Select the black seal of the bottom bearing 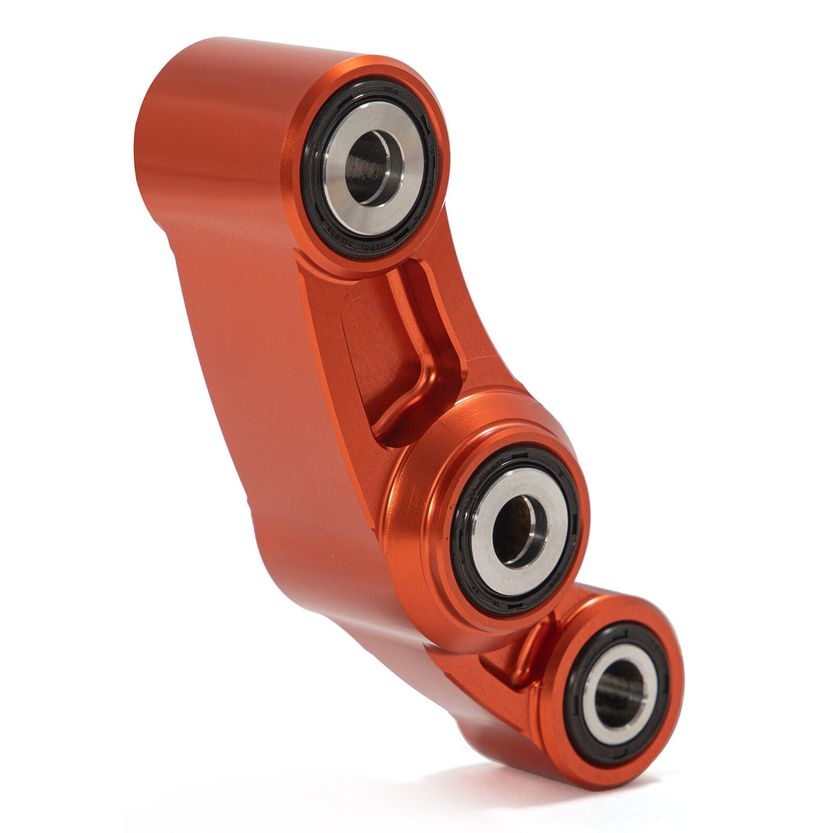574,700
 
